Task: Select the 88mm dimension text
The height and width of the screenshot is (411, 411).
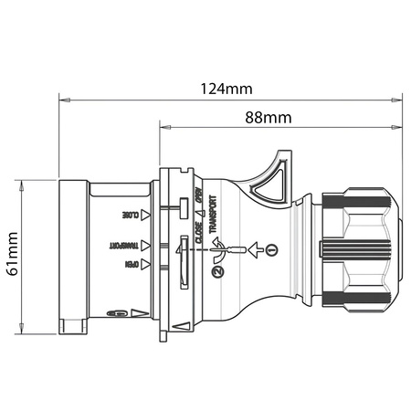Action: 268,118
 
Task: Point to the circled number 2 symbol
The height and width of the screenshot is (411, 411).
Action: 216,270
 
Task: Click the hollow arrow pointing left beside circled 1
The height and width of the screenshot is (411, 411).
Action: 258,248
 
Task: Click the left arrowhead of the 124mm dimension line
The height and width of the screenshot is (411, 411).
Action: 63,96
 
